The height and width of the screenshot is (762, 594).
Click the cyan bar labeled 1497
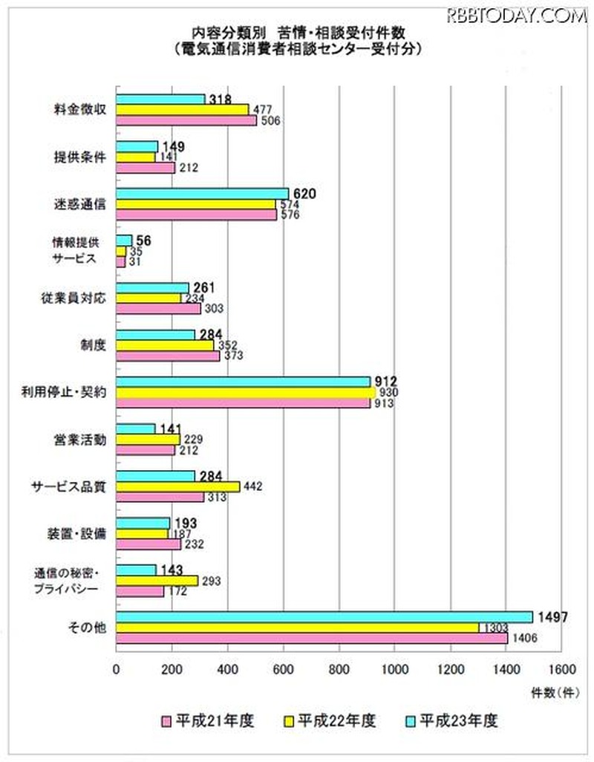(324, 616)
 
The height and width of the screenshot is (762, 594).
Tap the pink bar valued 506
(186, 120)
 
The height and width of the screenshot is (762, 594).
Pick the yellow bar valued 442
(178, 486)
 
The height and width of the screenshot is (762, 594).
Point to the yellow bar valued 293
(157, 581)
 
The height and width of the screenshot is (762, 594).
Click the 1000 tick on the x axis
(394, 668)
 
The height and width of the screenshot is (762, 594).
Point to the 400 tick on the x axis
(228, 668)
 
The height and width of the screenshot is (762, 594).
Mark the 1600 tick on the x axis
(561, 668)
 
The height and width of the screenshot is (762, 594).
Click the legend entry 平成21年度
(210, 720)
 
